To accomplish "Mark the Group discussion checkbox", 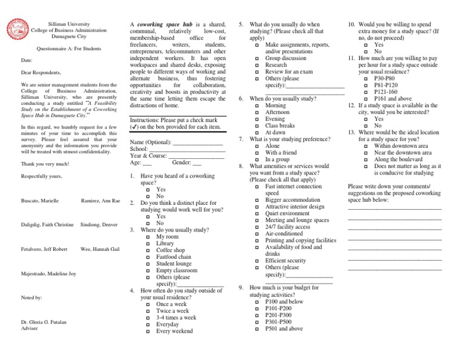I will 257,59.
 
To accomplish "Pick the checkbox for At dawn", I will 257,133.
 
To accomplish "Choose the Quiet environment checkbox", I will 257,213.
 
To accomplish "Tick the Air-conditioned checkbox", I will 257,233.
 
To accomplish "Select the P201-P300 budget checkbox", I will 257,315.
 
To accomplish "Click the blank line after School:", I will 187,149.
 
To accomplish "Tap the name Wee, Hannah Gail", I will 99,249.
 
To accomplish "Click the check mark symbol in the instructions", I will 135,127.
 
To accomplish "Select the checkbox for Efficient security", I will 257,261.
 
